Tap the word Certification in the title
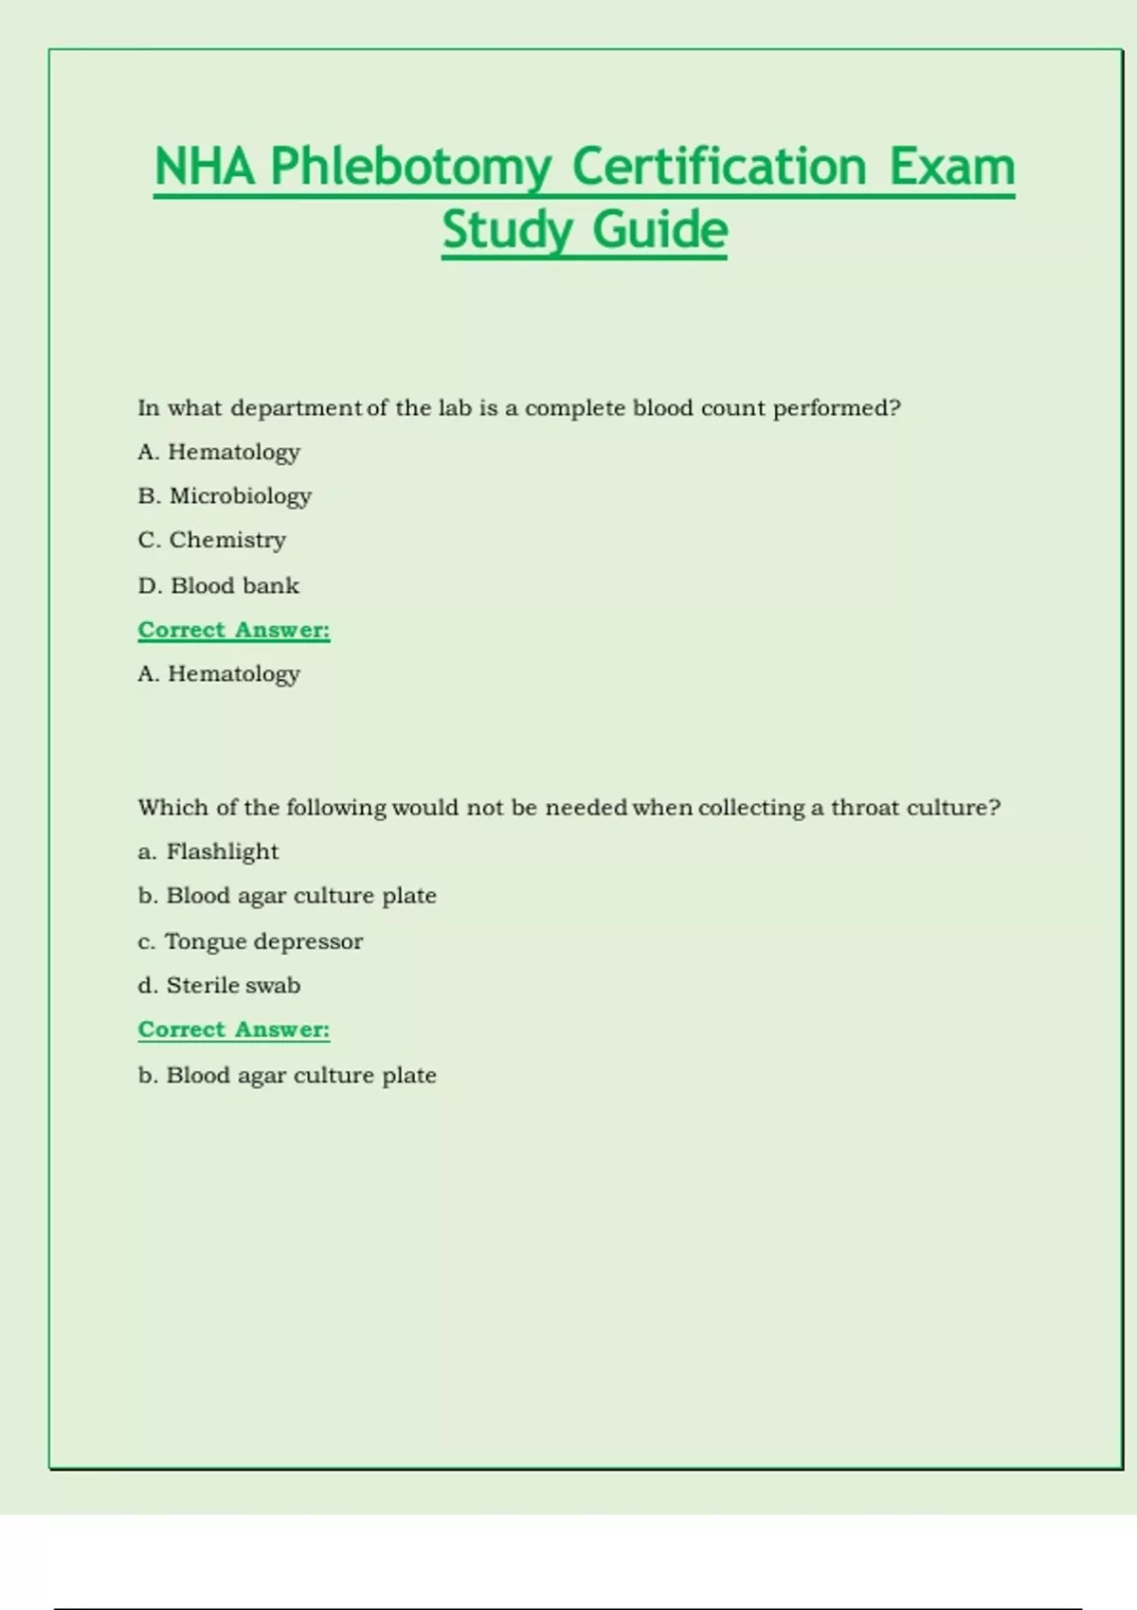click(x=719, y=168)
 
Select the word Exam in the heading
click(x=951, y=168)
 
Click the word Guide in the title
click(x=659, y=230)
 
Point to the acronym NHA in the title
click(x=205, y=168)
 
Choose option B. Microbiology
click(x=225, y=495)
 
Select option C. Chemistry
click(x=211, y=540)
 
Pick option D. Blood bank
click(x=218, y=585)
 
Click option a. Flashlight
click(x=208, y=851)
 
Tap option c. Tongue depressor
click(x=250, y=941)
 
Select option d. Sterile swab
click(x=219, y=985)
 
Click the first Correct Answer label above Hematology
click(x=234, y=630)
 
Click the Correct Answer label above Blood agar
click(x=234, y=1029)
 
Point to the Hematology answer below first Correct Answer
click(x=219, y=673)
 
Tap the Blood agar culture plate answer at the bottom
click(x=287, y=1075)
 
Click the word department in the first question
click(x=296, y=408)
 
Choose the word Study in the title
click(x=507, y=230)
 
